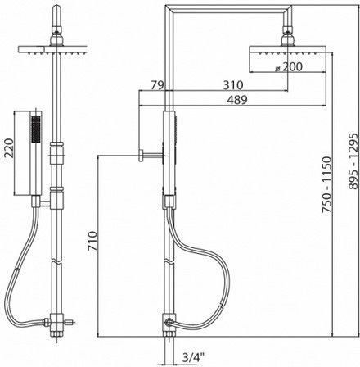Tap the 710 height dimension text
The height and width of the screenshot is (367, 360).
[x=92, y=241]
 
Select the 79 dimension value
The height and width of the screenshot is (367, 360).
[x=156, y=85]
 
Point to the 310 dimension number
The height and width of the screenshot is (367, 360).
[x=233, y=85]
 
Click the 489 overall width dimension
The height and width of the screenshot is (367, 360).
[x=237, y=100]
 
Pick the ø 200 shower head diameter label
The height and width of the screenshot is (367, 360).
[x=289, y=67]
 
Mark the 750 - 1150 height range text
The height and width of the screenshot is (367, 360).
[x=326, y=184]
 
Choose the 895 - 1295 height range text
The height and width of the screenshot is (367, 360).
[x=353, y=161]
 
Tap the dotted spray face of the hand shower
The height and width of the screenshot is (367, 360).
[x=36, y=129]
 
